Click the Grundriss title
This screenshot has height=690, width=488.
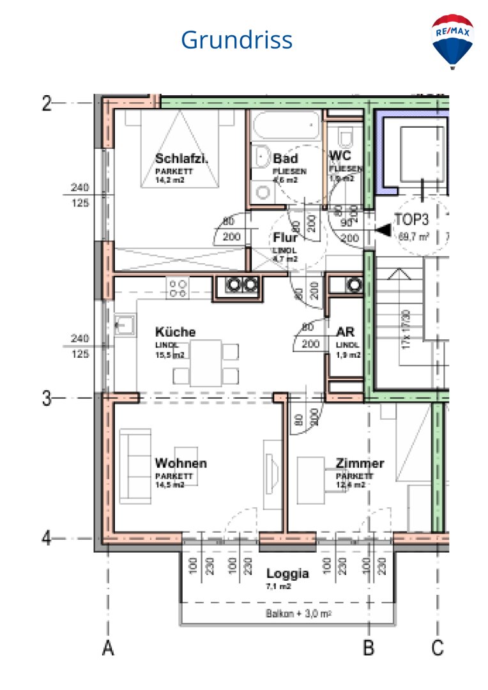[236, 40]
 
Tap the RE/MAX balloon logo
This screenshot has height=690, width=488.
[452, 40]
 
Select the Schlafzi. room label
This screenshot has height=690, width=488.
[182, 159]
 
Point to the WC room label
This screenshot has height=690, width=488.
[339, 156]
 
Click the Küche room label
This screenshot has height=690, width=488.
[175, 332]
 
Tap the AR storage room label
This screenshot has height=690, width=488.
[345, 332]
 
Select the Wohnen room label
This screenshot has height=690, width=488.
[181, 463]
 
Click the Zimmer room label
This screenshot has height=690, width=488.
[360, 463]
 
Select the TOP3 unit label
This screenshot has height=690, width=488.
[412, 218]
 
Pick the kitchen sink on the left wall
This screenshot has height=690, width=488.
[125, 325]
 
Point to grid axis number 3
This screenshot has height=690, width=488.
[47, 399]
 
